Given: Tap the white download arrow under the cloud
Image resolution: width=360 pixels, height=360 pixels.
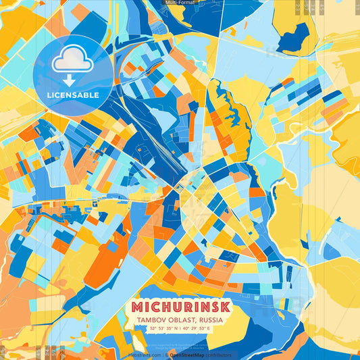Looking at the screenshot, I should pyautogui.click(x=70, y=80).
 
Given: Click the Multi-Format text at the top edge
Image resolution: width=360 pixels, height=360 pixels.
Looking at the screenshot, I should pyautogui.click(x=179, y=3).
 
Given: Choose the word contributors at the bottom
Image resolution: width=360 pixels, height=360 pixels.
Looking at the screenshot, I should pyautogui.click(x=217, y=355).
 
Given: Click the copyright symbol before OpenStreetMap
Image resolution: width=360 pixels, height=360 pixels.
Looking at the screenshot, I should pyautogui.click(x=166, y=355).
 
